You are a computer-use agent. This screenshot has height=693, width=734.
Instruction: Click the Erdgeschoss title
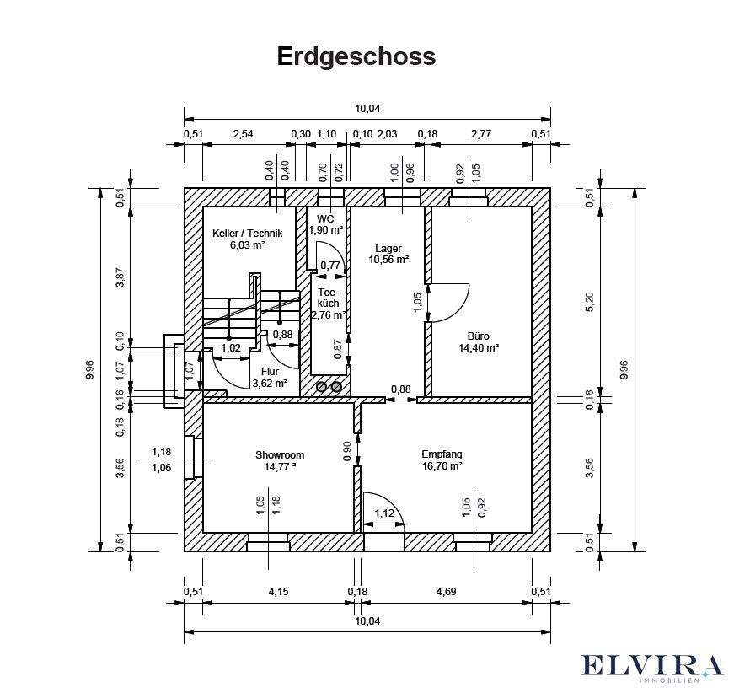(x=356, y=56)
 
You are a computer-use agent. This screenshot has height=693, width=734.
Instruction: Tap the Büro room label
(x=479, y=336)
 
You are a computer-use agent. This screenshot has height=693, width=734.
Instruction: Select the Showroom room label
(x=280, y=455)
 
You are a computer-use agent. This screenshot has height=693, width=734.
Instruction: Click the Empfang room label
(x=442, y=454)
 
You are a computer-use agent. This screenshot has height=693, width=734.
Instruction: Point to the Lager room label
(x=388, y=249)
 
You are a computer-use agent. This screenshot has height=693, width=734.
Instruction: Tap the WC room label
(x=325, y=218)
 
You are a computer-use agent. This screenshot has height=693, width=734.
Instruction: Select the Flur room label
(x=270, y=371)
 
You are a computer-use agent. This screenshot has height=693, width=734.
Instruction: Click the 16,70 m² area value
(x=442, y=465)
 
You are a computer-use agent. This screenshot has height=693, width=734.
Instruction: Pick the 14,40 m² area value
(x=479, y=347)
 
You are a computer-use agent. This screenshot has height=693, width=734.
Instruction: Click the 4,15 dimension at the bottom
(x=279, y=592)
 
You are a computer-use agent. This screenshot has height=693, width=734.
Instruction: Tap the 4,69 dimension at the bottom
(x=446, y=592)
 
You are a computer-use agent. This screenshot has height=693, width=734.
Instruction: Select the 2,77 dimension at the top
(x=481, y=133)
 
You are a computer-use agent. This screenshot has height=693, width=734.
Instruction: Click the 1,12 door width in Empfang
(x=383, y=514)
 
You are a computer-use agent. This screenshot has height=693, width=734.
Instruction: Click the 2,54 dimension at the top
(x=243, y=133)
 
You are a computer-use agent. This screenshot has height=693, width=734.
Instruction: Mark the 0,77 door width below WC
(x=330, y=266)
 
